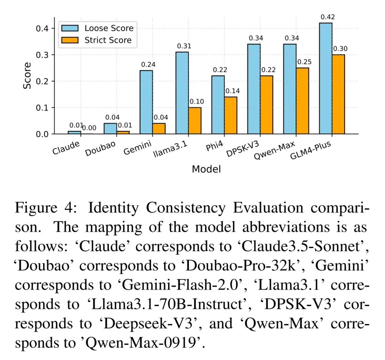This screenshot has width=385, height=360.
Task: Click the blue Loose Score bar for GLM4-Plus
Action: pos(325,78)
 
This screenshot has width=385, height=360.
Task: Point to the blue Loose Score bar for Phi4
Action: pos(218,105)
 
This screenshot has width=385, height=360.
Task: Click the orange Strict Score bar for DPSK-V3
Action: pos(266,105)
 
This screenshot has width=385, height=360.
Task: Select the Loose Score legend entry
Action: pos(109,28)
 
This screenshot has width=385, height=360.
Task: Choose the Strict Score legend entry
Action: pos(108,40)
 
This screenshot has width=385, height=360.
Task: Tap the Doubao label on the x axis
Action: pos(98,149)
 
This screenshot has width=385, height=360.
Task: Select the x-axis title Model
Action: pos(206,169)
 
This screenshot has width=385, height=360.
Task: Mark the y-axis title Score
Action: pos(27,76)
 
